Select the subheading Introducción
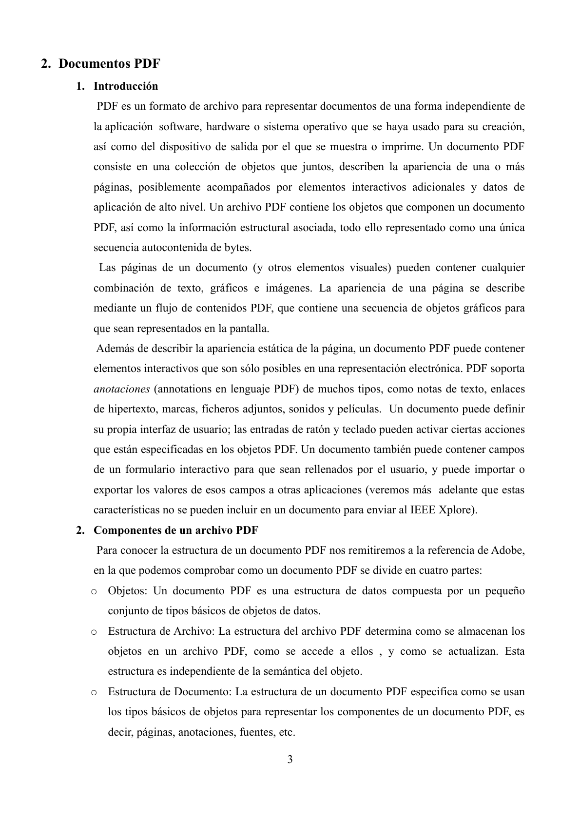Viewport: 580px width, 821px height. point(126,86)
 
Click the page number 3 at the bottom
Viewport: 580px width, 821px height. point(290,759)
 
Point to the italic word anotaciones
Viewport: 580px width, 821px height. point(121,390)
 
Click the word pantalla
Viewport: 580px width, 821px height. point(251,329)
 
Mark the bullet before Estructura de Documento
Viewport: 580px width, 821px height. point(94,692)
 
